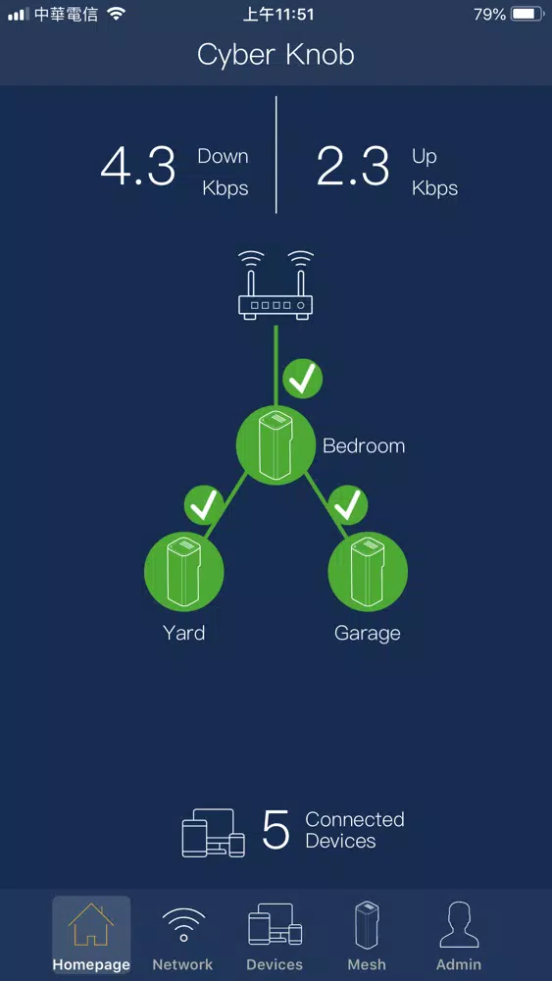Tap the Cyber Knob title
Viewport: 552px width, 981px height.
[x=276, y=55]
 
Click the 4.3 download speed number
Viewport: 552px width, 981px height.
[x=138, y=166]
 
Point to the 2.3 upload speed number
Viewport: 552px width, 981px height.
[x=353, y=166]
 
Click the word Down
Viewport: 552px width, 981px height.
[x=224, y=156]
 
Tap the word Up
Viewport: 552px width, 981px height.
[x=424, y=156]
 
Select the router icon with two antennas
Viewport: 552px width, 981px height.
[x=276, y=285]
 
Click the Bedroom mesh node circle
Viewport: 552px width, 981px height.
[x=276, y=445]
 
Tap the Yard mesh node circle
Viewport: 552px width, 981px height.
[x=183, y=571]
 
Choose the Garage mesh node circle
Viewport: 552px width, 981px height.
[x=368, y=571]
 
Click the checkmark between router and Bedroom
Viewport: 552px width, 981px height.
[x=303, y=379]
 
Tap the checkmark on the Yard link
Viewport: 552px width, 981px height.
[x=204, y=504]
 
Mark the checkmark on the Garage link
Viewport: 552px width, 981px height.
[x=348, y=504]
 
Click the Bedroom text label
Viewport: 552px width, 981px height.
[x=364, y=446]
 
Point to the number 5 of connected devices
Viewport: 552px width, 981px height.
[x=276, y=830]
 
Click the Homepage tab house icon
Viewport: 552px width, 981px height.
[x=91, y=924]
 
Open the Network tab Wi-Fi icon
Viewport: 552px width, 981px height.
[x=183, y=925]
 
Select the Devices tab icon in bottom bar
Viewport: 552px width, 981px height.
[x=276, y=924]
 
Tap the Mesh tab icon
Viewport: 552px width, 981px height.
[x=367, y=925]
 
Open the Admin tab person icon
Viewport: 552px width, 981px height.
[x=459, y=925]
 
